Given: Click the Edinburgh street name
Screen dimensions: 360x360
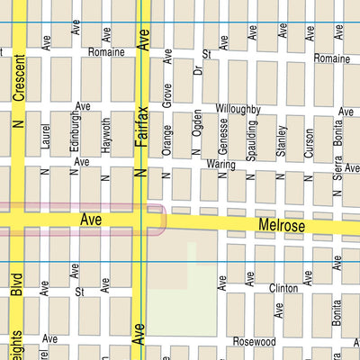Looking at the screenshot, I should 76,133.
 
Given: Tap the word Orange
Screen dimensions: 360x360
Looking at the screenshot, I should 166,139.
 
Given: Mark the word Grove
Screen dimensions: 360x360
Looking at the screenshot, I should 166,94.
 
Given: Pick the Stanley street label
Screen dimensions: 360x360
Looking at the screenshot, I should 281,138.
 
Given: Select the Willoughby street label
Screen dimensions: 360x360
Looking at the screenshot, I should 238,109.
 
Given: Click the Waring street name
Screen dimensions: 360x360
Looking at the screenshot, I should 220,165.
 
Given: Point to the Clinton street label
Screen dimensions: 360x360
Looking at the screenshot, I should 283,289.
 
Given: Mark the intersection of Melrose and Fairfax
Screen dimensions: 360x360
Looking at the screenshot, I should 141,220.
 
